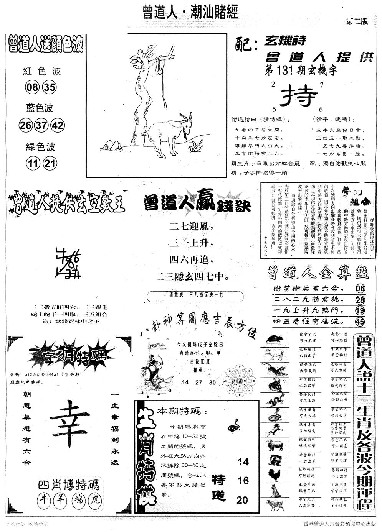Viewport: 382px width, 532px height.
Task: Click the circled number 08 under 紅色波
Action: point(31,88)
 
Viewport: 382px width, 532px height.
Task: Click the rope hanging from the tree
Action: point(159,66)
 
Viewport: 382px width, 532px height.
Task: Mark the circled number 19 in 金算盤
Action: point(360,311)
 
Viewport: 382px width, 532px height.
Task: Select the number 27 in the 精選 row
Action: point(199,382)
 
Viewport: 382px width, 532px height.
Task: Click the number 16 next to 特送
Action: point(243,480)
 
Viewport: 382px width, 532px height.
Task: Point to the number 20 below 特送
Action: point(243,500)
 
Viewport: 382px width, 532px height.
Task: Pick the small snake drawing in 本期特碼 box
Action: point(233,424)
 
